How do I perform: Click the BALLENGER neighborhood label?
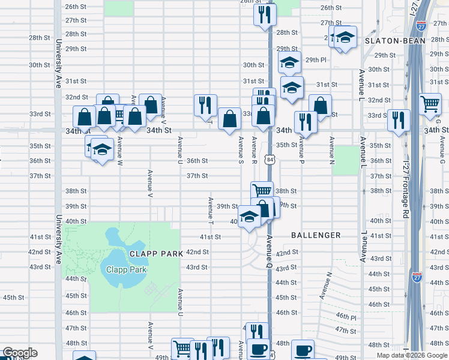316,235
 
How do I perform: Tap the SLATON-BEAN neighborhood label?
394,41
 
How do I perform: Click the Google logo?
19,353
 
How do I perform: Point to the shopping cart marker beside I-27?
430,104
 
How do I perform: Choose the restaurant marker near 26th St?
265,13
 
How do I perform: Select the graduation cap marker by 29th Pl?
289,62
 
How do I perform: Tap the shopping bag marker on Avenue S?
230,118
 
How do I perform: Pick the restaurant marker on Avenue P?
306,122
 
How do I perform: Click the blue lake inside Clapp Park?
118,259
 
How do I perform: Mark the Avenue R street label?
255,151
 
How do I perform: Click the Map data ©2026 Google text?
412,355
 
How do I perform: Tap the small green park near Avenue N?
345,160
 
